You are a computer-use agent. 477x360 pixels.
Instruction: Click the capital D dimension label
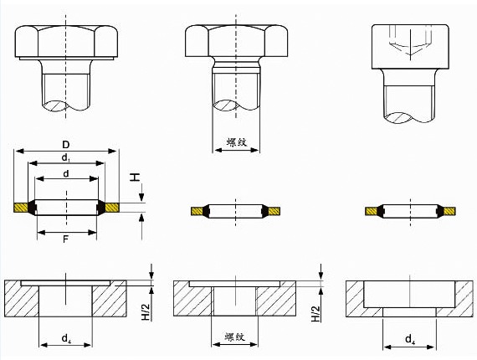tap(66, 144)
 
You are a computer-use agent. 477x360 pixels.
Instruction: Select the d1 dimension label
tap(66, 157)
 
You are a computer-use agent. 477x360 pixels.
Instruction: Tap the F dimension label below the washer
tap(65, 239)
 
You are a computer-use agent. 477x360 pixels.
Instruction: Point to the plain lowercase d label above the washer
tap(66, 173)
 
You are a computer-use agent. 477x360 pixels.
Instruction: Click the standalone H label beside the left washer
tap(135, 177)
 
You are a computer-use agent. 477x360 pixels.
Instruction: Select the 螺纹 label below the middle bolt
tap(236, 142)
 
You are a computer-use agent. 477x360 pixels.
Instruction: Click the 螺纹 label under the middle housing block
tap(235, 337)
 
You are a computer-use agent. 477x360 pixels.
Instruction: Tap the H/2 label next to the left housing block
tap(146, 311)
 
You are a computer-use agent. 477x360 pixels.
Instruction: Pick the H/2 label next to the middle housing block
tap(315, 313)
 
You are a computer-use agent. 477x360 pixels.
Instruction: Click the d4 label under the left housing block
tap(66, 339)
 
